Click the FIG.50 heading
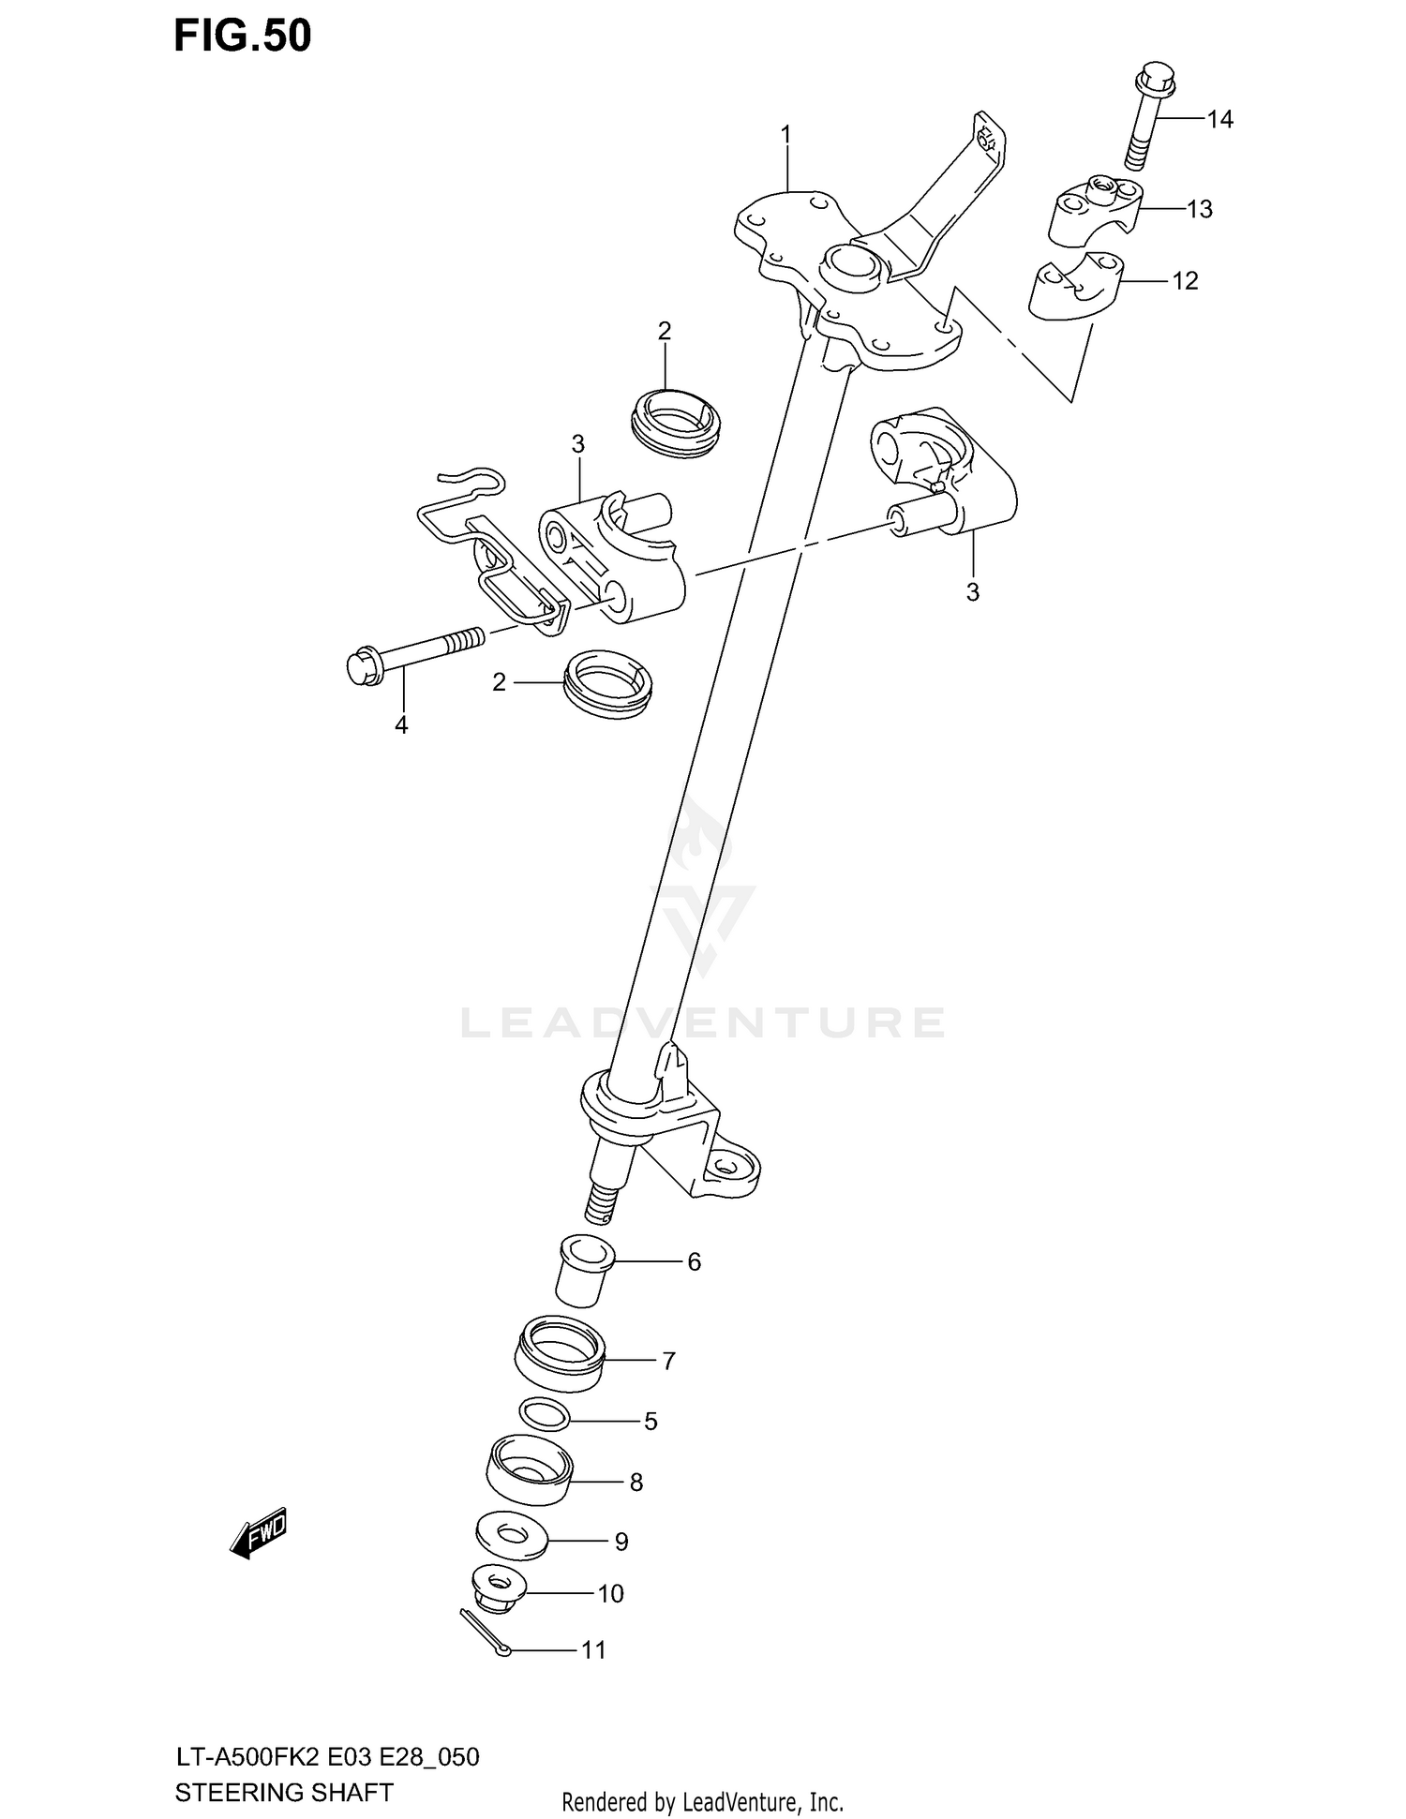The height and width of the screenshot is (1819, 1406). coord(243,36)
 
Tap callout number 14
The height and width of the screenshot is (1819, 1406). coord(1219,119)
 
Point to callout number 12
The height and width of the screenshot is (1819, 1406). coord(1185,281)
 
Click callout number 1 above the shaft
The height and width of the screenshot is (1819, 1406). coord(786,136)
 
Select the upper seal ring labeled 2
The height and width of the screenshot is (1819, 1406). coord(677,424)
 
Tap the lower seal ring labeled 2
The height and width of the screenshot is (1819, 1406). coord(609,683)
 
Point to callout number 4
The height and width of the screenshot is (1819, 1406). coord(401,724)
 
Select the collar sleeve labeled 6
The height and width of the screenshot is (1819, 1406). coord(584,1271)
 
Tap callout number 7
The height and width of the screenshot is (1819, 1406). coord(668,1361)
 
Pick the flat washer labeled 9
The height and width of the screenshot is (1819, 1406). coord(511,1537)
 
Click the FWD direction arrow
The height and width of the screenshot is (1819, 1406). coord(259,1533)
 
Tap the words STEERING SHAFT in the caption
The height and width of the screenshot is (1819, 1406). coord(284,1793)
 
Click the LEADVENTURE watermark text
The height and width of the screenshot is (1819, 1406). coord(702,1022)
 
